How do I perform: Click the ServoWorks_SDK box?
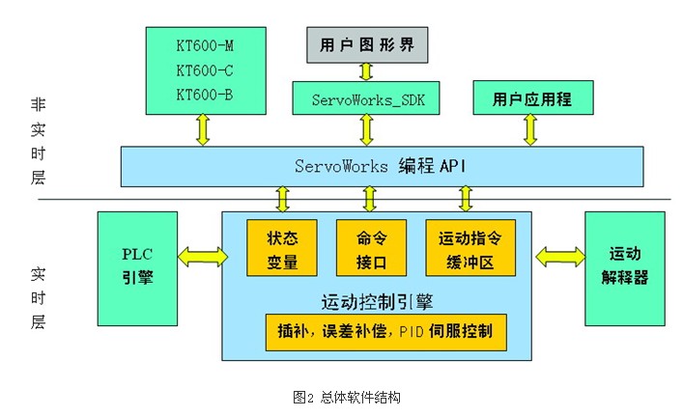click(366, 98)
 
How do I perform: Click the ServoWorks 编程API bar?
click(381, 166)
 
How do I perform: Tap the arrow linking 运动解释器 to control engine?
click(558, 256)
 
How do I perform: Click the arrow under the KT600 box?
click(202, 128)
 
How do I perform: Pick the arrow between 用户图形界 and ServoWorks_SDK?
click(366, 69)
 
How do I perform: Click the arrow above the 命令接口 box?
click(370, 198)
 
